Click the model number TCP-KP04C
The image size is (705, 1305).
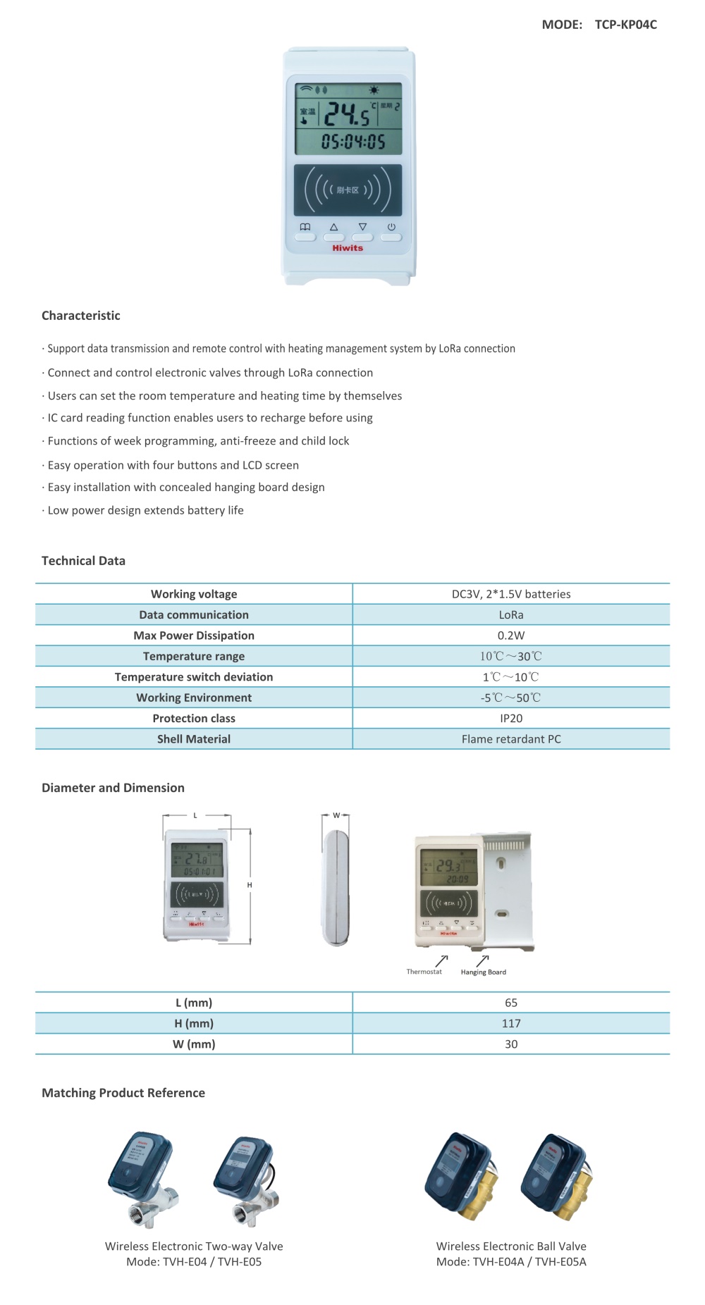625,25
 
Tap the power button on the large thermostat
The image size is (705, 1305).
391,237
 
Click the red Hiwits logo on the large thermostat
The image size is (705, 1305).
348,248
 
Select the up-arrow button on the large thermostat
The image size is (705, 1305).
333,237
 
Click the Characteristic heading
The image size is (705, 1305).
81,316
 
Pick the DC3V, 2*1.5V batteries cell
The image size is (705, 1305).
511,594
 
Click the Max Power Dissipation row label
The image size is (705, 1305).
194,636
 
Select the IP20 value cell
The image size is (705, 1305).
511,718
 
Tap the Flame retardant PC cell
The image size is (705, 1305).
511,739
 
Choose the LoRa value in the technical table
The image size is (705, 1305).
511,615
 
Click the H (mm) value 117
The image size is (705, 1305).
511,1023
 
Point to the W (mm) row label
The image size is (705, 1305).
194,1044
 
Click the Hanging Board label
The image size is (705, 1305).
484,972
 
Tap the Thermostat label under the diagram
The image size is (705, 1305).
424,972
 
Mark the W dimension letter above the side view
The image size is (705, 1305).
336,815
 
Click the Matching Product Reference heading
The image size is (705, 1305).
123,1093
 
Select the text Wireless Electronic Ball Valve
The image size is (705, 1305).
511,1247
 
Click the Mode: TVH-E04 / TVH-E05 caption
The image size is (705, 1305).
194,1262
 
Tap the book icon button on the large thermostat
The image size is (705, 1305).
305,237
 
